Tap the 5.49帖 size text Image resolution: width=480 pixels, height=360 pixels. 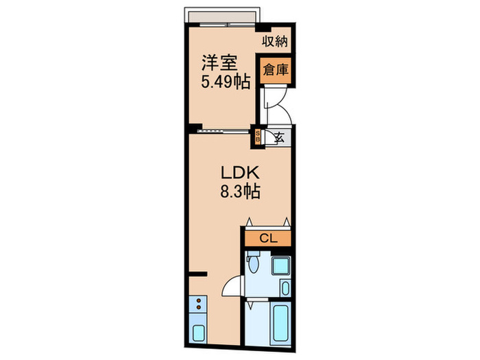[x=219, y=81]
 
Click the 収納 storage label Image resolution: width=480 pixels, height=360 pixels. [x=274, y=40]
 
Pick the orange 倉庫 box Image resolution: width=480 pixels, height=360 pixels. [x=274, y=69]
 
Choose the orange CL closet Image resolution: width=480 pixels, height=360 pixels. [x=268, y=239]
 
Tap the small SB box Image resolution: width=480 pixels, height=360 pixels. [x=258, y=136]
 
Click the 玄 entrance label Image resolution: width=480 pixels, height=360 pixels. [x=279, y=136]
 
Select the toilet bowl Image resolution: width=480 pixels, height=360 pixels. [x=253, y=264]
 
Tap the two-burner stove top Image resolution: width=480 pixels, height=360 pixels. [x=198, y=304]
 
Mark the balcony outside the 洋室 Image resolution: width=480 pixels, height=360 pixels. [x=221, y=16]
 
